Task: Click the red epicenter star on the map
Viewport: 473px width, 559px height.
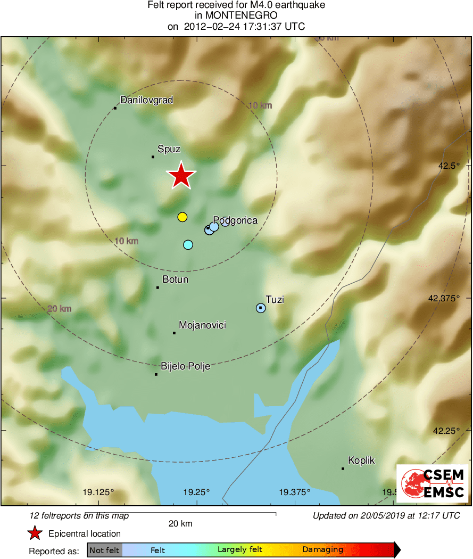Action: click(181, 176)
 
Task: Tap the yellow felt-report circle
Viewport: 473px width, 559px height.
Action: click(182, 217)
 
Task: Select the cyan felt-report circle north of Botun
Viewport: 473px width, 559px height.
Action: click(188, 245)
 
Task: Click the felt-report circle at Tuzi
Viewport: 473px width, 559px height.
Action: click(261, 308)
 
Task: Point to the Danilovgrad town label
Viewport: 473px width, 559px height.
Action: click(146, 100)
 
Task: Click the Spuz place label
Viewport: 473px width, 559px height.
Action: click(169, 150)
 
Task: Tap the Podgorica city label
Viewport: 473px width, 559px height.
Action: click(235, 220)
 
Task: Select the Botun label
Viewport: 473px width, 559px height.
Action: click(176, 279)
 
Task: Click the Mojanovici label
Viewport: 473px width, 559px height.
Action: click(202, 325)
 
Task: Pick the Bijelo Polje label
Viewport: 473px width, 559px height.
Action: click(185, 366)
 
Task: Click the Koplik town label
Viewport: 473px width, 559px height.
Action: click(361, 461)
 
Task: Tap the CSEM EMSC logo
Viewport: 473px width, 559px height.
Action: click(433, 483)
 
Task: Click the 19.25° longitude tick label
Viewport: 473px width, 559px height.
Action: click(197, 492)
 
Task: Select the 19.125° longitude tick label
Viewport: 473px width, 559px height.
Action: click(98, 492)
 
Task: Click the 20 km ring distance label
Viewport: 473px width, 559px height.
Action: click(59, 309)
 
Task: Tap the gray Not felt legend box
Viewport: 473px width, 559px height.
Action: click(104, 550)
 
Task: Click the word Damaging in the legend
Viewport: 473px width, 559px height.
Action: click(322, 550)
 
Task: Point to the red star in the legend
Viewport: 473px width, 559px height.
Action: click(35, 533)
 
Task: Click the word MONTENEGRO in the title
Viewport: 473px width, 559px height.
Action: click(236, 16)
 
